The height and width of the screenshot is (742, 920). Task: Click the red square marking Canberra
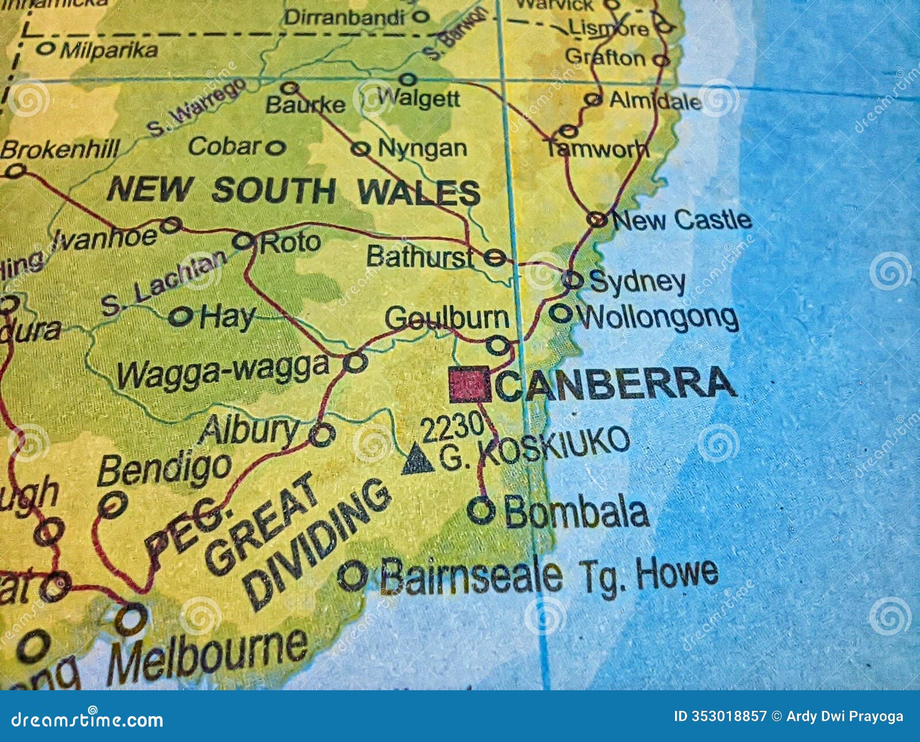(x=470, y=384)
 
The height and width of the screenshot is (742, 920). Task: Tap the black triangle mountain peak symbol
(x=417, y=460)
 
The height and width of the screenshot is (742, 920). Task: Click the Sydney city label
(x=637, y=282)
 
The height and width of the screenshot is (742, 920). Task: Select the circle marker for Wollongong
(x=561, y=314)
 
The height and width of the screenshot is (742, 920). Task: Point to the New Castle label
(x=682, y=220)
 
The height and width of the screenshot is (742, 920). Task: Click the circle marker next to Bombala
(x=481, y=510)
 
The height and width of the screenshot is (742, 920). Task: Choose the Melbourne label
(x=207, y=653)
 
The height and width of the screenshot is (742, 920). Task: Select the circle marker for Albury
(x=322, y=434)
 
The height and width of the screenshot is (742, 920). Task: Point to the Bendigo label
(x=164, y=469)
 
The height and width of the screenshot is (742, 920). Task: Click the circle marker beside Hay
(x=181, y=316)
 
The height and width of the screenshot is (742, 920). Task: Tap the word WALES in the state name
(x=419, y=192)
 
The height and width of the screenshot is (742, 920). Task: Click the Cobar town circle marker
(x=275, y=148)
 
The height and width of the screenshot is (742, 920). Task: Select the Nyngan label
(x=422, y=149)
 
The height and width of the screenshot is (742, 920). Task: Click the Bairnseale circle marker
(x=352, y=575)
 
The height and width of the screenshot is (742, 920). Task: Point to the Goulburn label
(x=447, y=318)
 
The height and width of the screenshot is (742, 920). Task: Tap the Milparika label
(x=109, y=51)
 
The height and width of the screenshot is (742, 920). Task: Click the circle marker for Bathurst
(x=494, y=257)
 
